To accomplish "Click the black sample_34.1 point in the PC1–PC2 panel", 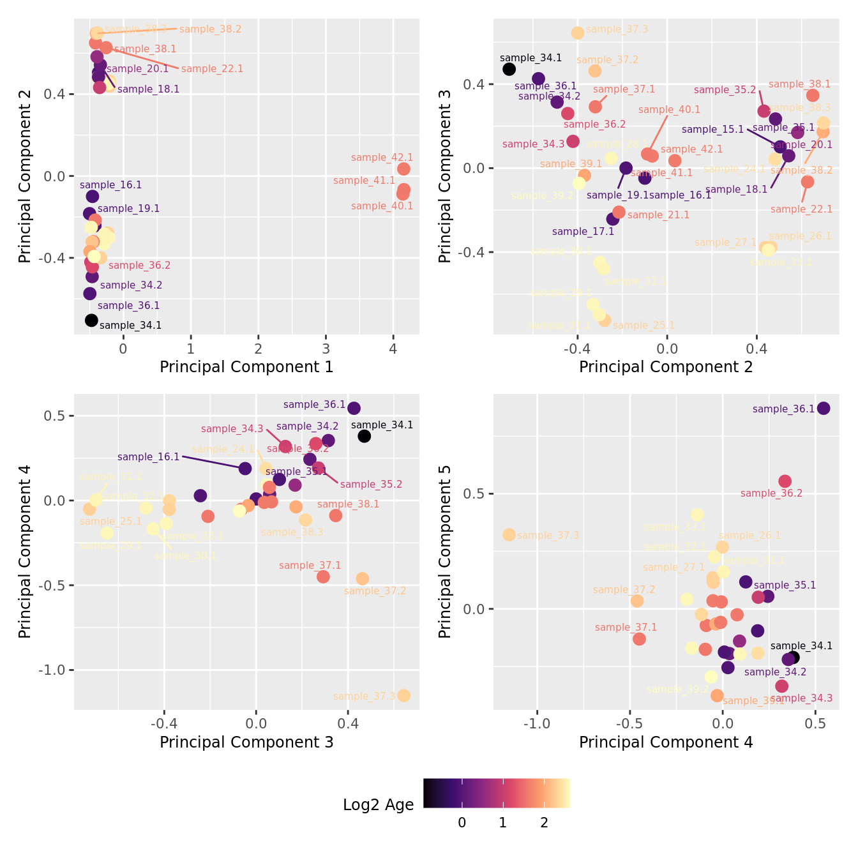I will click(x=91, y=320).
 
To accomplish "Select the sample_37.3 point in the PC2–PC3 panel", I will click(x=578, y=33).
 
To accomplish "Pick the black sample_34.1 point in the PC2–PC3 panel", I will click(x=509, y=69).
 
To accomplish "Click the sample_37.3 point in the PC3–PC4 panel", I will click(x=403, y=695).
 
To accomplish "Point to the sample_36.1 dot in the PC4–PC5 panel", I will click(x=824, y=409).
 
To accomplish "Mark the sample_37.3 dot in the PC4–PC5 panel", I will click(x=509, y=534).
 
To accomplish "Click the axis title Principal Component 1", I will click(x=246, y=367).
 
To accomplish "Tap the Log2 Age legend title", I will click(x=378, y=805).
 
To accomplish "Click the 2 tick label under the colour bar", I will click(x=544, y=823).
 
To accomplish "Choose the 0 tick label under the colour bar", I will click(x=462, y=823).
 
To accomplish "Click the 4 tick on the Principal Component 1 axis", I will click(x=393, y=349).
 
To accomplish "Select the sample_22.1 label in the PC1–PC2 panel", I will click(x=212, y=69).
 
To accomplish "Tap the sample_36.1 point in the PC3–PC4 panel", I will click(x=354, y=408).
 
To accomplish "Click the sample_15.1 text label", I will click(x=712, y=130).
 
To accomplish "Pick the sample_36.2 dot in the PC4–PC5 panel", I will click(x=785, y=481).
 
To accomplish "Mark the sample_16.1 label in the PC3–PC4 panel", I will click(x=148, y=457).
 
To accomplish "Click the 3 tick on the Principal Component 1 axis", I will click(x=326, y=349).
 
